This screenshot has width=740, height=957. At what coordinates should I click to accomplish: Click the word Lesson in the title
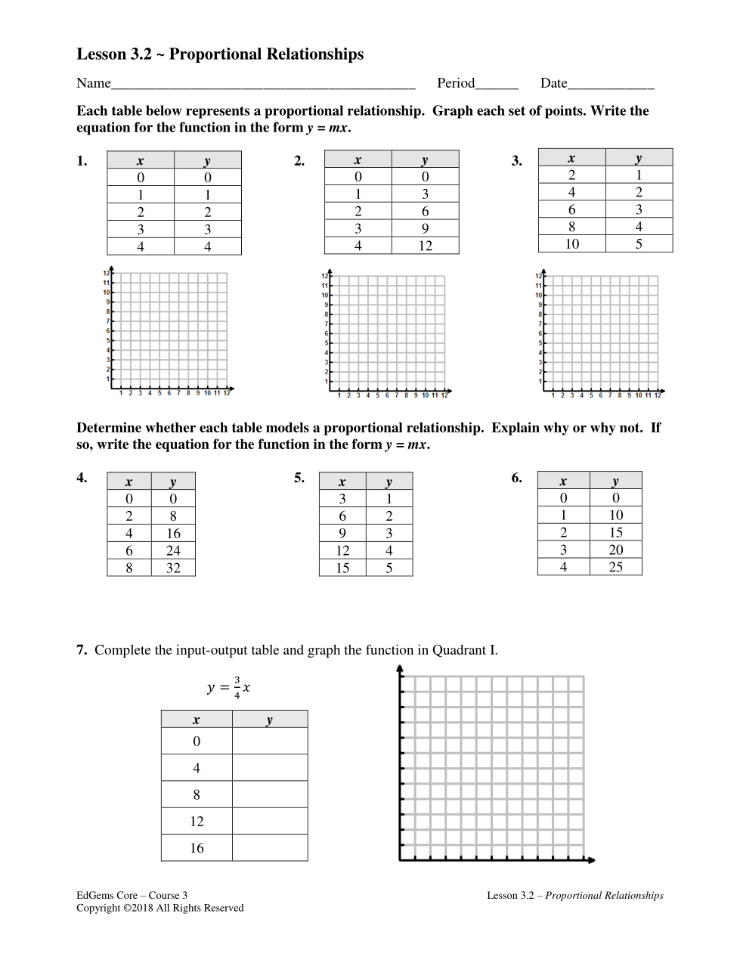(x=101, y=54)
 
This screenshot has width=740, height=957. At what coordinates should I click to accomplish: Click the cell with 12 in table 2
(x=425, y=246)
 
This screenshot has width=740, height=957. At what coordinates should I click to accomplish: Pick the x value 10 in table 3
(x=571, y=244)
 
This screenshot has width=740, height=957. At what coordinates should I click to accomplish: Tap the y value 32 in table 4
(x=173, y=568)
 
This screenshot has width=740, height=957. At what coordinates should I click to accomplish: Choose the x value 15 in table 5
(x=342, y=568)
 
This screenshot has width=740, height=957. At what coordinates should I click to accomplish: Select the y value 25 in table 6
(x=615, y=567)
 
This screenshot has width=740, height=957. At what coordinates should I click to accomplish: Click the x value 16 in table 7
(x=197, y=848)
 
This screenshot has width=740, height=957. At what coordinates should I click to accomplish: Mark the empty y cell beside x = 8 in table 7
(x=270, y=794)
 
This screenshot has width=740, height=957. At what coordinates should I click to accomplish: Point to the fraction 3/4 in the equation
(x=237, y=687)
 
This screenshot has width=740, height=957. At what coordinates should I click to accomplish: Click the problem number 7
(x=81, y=650)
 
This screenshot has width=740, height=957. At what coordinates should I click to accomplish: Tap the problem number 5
(x=299, y=478)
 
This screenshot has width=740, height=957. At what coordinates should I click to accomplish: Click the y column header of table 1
(x=208, y=160)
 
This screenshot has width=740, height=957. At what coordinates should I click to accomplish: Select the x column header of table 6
(x=563, y=481)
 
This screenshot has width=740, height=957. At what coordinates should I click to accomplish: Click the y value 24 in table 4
(x=173, y=550)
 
